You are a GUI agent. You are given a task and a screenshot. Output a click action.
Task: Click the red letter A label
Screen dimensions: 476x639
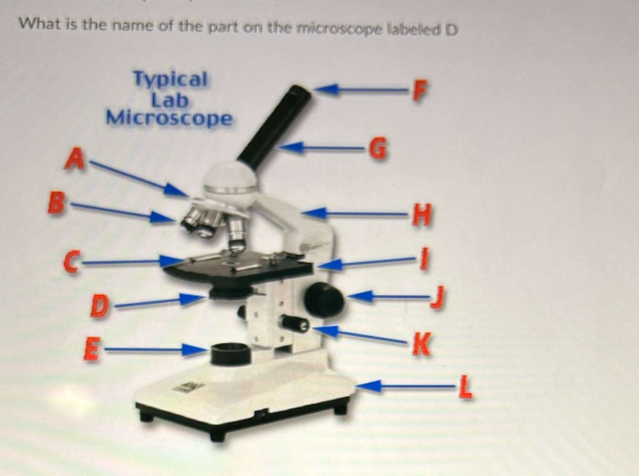pyautogui.click(x=75, y=159)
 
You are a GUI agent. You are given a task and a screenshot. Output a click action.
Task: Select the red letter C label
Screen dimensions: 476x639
pyautogui.click(x=72, y=262)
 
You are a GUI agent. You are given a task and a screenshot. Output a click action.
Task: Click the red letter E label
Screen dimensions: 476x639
pyautogui.click(x=92, y=349)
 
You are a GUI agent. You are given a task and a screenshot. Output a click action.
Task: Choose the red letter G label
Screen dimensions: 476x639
pyautogui.click(x=378, y=148)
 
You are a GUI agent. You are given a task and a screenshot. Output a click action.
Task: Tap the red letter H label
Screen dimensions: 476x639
pyautogui.click(x=421, y=215)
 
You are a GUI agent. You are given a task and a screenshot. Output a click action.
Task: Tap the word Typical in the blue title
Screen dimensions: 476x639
pyautogui.click(x=170, y=79)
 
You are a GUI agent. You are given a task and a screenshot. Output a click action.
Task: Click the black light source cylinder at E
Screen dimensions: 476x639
pyautogui.click(x=231, y=354)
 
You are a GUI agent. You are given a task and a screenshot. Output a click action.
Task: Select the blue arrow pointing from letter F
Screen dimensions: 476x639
pyautogui.click(x=359, y=90)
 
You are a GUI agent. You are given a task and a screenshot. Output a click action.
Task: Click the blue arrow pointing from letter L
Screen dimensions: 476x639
pyautogui.click(x=405, y=387)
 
